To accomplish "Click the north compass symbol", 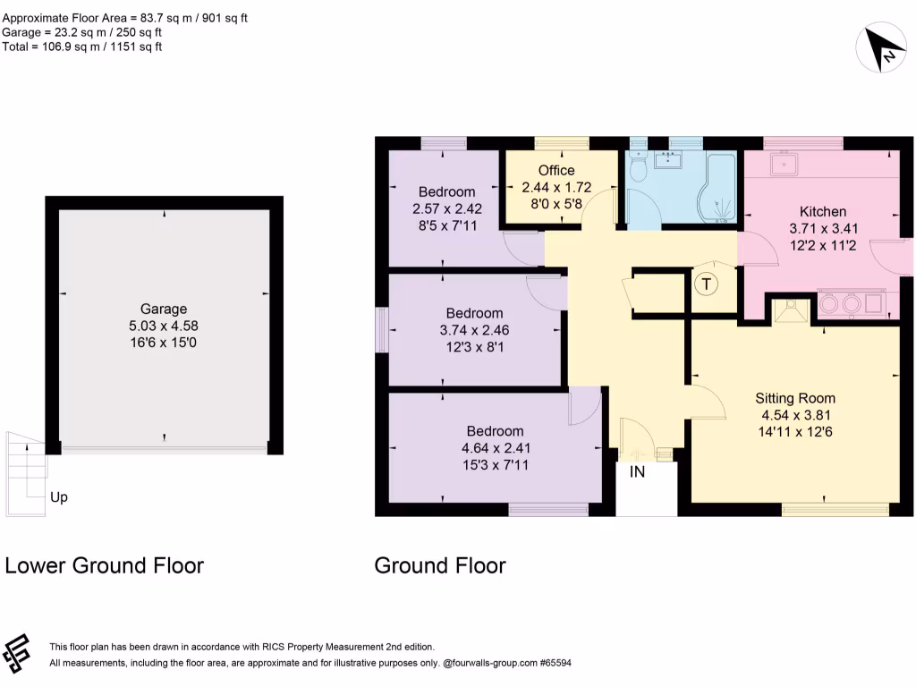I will [x=882, y=49].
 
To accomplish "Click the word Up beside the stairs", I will [x=58, y=497].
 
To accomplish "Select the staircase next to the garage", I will [x=25, y=465].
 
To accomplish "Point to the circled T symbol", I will [x=707, y=284].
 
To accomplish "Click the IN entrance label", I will [x=637, y=472].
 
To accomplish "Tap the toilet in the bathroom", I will [x=639, y=167].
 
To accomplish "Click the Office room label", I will [x=556, y=171].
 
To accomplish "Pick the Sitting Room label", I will [x=795, y=399].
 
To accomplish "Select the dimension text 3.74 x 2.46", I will [x=474, y=329].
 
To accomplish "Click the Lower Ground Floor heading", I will [x=105, y=565].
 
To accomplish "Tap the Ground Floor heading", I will [x=440, y=565].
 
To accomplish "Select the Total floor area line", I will [x=82, y=47].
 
